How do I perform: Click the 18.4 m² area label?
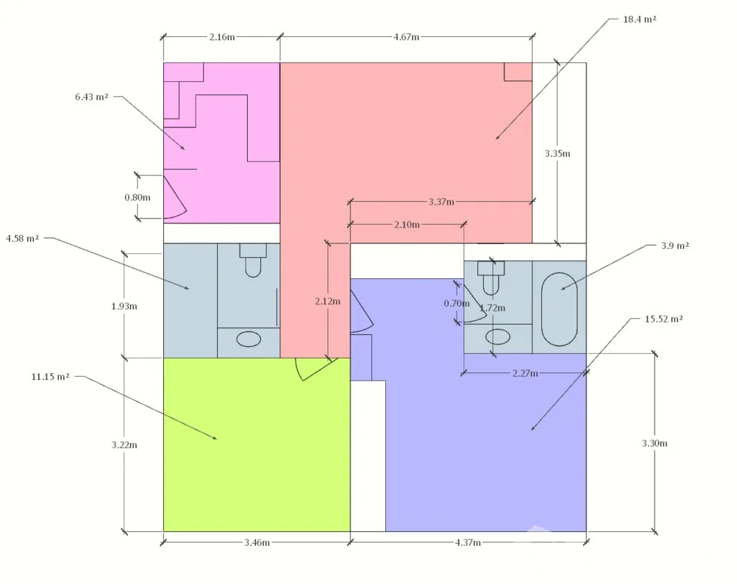(639, 19)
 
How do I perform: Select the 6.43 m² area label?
(92, 97)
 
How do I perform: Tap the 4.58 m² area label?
(23, 238)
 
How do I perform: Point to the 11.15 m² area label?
(50, 377)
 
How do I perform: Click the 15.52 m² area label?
(663, 318)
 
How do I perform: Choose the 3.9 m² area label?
(675, 246)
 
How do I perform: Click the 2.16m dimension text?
(222, 37)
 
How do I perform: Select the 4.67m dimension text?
(406, 37)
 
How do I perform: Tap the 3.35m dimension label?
(557, 153)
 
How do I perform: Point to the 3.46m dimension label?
(257, 542)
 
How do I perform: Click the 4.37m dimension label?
(468, 542)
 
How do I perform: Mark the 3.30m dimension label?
(654, 443)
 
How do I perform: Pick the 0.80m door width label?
(137, 198)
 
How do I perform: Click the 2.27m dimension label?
(525, 373)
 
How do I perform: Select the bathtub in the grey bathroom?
(559, 309)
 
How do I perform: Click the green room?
(257, 445)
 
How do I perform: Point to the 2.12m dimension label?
(328, 301)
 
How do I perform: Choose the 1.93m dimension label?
(124, 307)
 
